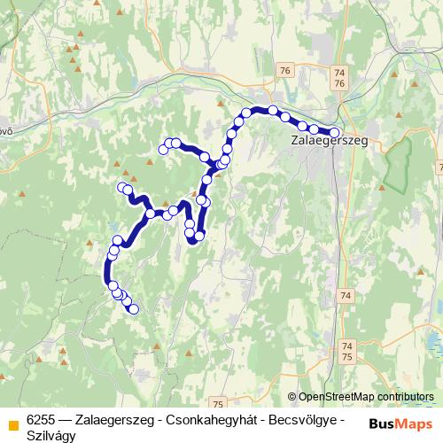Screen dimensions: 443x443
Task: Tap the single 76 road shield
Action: point(284,70)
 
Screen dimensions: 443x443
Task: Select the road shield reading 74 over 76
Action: point(339,76)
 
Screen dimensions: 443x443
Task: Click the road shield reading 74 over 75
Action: point(346,351)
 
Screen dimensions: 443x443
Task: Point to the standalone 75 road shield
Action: point(219,379)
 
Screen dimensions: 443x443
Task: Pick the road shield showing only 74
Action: point(346,295)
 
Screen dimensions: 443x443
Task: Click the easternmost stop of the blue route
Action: point(334,132)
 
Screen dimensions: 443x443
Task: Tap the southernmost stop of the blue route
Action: point(134,309)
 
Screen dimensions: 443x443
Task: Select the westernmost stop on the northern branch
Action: point(163,150)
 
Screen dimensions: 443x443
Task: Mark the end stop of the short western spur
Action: point(122,186)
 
